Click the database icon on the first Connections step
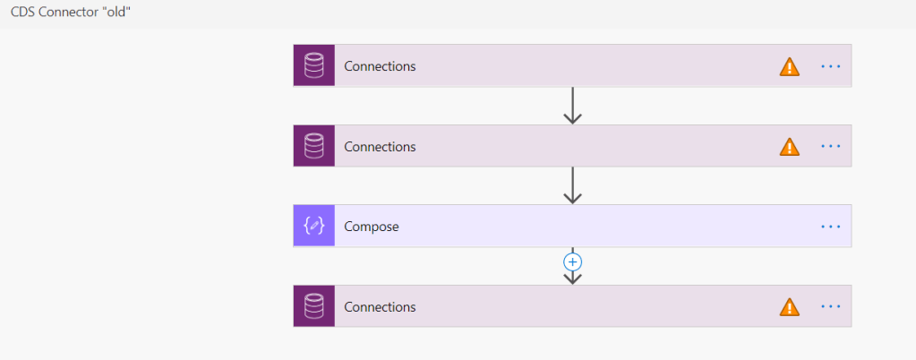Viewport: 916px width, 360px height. pyautogui.click(x=313, y=66)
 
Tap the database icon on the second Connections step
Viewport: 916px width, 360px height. pyautogui.click(x=313, y=146)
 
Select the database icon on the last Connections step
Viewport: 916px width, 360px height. pyautogui.click(x=313, y=307)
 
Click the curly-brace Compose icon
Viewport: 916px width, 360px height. pyautogui.click(x=313, y=227)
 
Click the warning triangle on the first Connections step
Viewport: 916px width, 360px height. pyautogui.click(x=789, y=66)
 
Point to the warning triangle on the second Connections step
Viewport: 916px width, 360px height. pyautogui.click(x=789, y=147)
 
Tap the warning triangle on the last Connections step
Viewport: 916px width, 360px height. pyautogui.click(x=789, y=307)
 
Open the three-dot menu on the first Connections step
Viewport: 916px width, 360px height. pyautogui.click(x=831, y=66)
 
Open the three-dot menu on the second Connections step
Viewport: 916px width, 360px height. pyautogui.click(x=831, y=146)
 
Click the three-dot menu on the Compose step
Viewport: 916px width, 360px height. pyautogui.click(x=831, y=227)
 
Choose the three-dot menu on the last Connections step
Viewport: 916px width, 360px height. pyautogui.click(x=831, y=307)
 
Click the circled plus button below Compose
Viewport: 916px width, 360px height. pyautogui.click(x=572, y=262)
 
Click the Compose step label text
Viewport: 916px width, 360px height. pyautogui.click(x=372, y=227)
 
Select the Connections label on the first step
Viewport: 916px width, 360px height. pyautogui.click(x=380, y=66)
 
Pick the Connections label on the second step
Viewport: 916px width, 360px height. pyautogui.click(x=380, y=146)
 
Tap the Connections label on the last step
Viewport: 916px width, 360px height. pyautogui.click(x=380, y=307)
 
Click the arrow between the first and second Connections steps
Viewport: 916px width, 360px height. pyautogui.click(x=572, y=106)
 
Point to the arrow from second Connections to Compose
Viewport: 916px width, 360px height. pyautogui.click(x=572, y=186)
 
